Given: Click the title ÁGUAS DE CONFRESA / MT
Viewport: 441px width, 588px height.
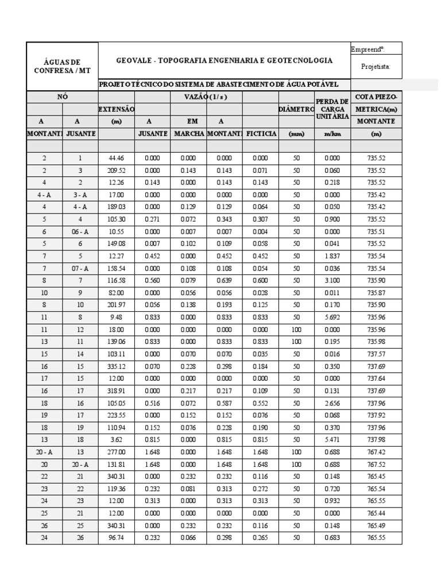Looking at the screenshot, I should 62,65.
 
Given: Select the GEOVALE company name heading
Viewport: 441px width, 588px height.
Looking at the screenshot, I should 224,60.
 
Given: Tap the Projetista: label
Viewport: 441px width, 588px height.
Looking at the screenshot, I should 376,67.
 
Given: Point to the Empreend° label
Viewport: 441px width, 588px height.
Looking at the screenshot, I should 367,49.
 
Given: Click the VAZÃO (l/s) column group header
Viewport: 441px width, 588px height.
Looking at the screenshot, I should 207,96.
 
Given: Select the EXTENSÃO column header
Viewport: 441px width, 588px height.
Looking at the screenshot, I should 117,109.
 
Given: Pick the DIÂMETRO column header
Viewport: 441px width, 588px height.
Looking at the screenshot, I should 296,109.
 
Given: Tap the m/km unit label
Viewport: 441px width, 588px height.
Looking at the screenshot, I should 332,133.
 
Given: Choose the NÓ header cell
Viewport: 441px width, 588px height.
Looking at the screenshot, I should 62,96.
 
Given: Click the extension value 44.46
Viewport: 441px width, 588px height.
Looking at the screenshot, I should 117,158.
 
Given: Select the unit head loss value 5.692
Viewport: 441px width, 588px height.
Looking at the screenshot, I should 332,316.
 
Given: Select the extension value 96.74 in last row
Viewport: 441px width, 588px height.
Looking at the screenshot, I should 117,538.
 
